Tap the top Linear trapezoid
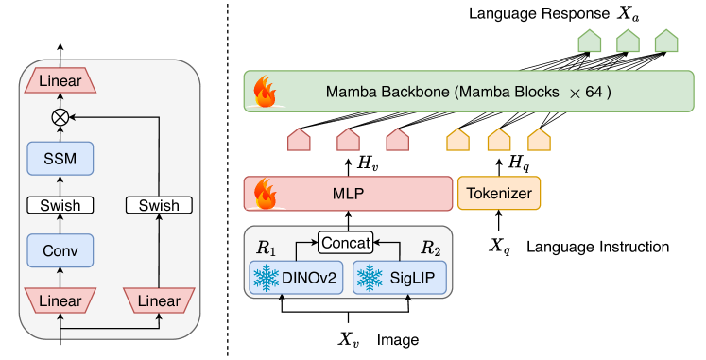tap(60, 82)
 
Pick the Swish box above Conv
tap(60, 204)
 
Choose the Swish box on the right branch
tap(159, 204)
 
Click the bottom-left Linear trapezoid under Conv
tap(60, 300)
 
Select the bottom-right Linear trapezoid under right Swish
tap(159, 300)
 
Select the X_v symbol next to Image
tap(350, 338)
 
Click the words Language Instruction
tap(597, 247)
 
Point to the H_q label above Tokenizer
tap(518, 163)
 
